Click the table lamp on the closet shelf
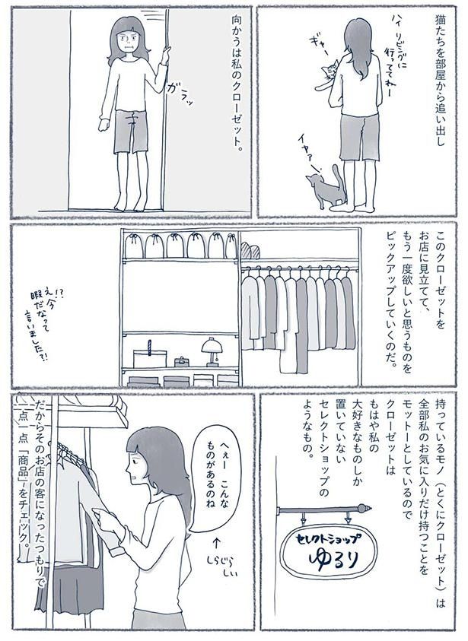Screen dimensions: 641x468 click(209, 351)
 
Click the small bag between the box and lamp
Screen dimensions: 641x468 click(181, 360)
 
